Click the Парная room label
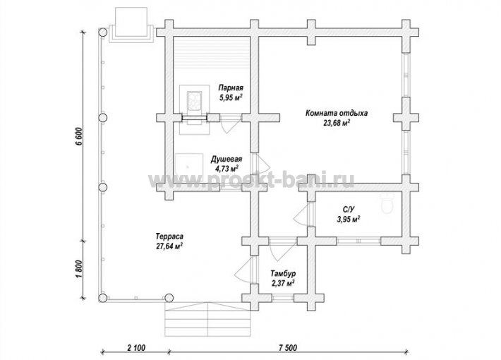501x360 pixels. (x=231, y=88)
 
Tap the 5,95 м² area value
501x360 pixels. (x=230, y=97)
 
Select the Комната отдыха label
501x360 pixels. (x=337, y=113)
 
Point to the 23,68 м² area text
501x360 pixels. (x=337, y=123)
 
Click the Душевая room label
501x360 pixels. (x=227, y=159)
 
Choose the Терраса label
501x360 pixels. (x=169, y=236)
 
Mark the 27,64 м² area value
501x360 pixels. (x=169, y=246)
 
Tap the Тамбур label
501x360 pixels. (x=283, y=274)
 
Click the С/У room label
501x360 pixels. (x=349, y=210)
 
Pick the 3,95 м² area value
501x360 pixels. (x=349, y=220)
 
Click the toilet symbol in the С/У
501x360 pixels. (x=387, y=203)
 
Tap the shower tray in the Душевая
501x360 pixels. (x=189, y=168)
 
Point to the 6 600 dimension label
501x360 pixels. (x=79, y=137)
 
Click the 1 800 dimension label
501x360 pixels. (x=80, y=269)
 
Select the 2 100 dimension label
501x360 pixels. (x=136, y=347)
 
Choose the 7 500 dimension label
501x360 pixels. (x=288, y=347)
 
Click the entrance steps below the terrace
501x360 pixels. (x=207, y=319)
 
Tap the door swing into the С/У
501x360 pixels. (x=302, y=214)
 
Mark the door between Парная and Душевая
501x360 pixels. (x=230, y=124)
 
